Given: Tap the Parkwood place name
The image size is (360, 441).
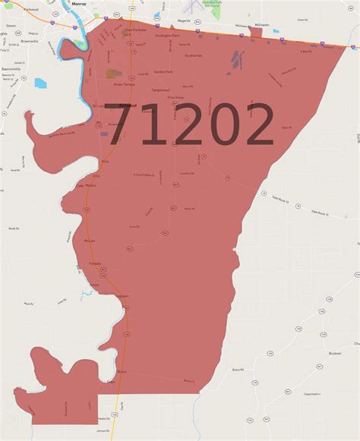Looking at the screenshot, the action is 30,11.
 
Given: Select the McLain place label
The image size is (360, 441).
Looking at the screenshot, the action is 89,240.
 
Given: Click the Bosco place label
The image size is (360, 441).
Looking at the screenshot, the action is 122,371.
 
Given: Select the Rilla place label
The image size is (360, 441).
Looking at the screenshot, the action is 105,162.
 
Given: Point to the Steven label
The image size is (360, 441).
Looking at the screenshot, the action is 11,25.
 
